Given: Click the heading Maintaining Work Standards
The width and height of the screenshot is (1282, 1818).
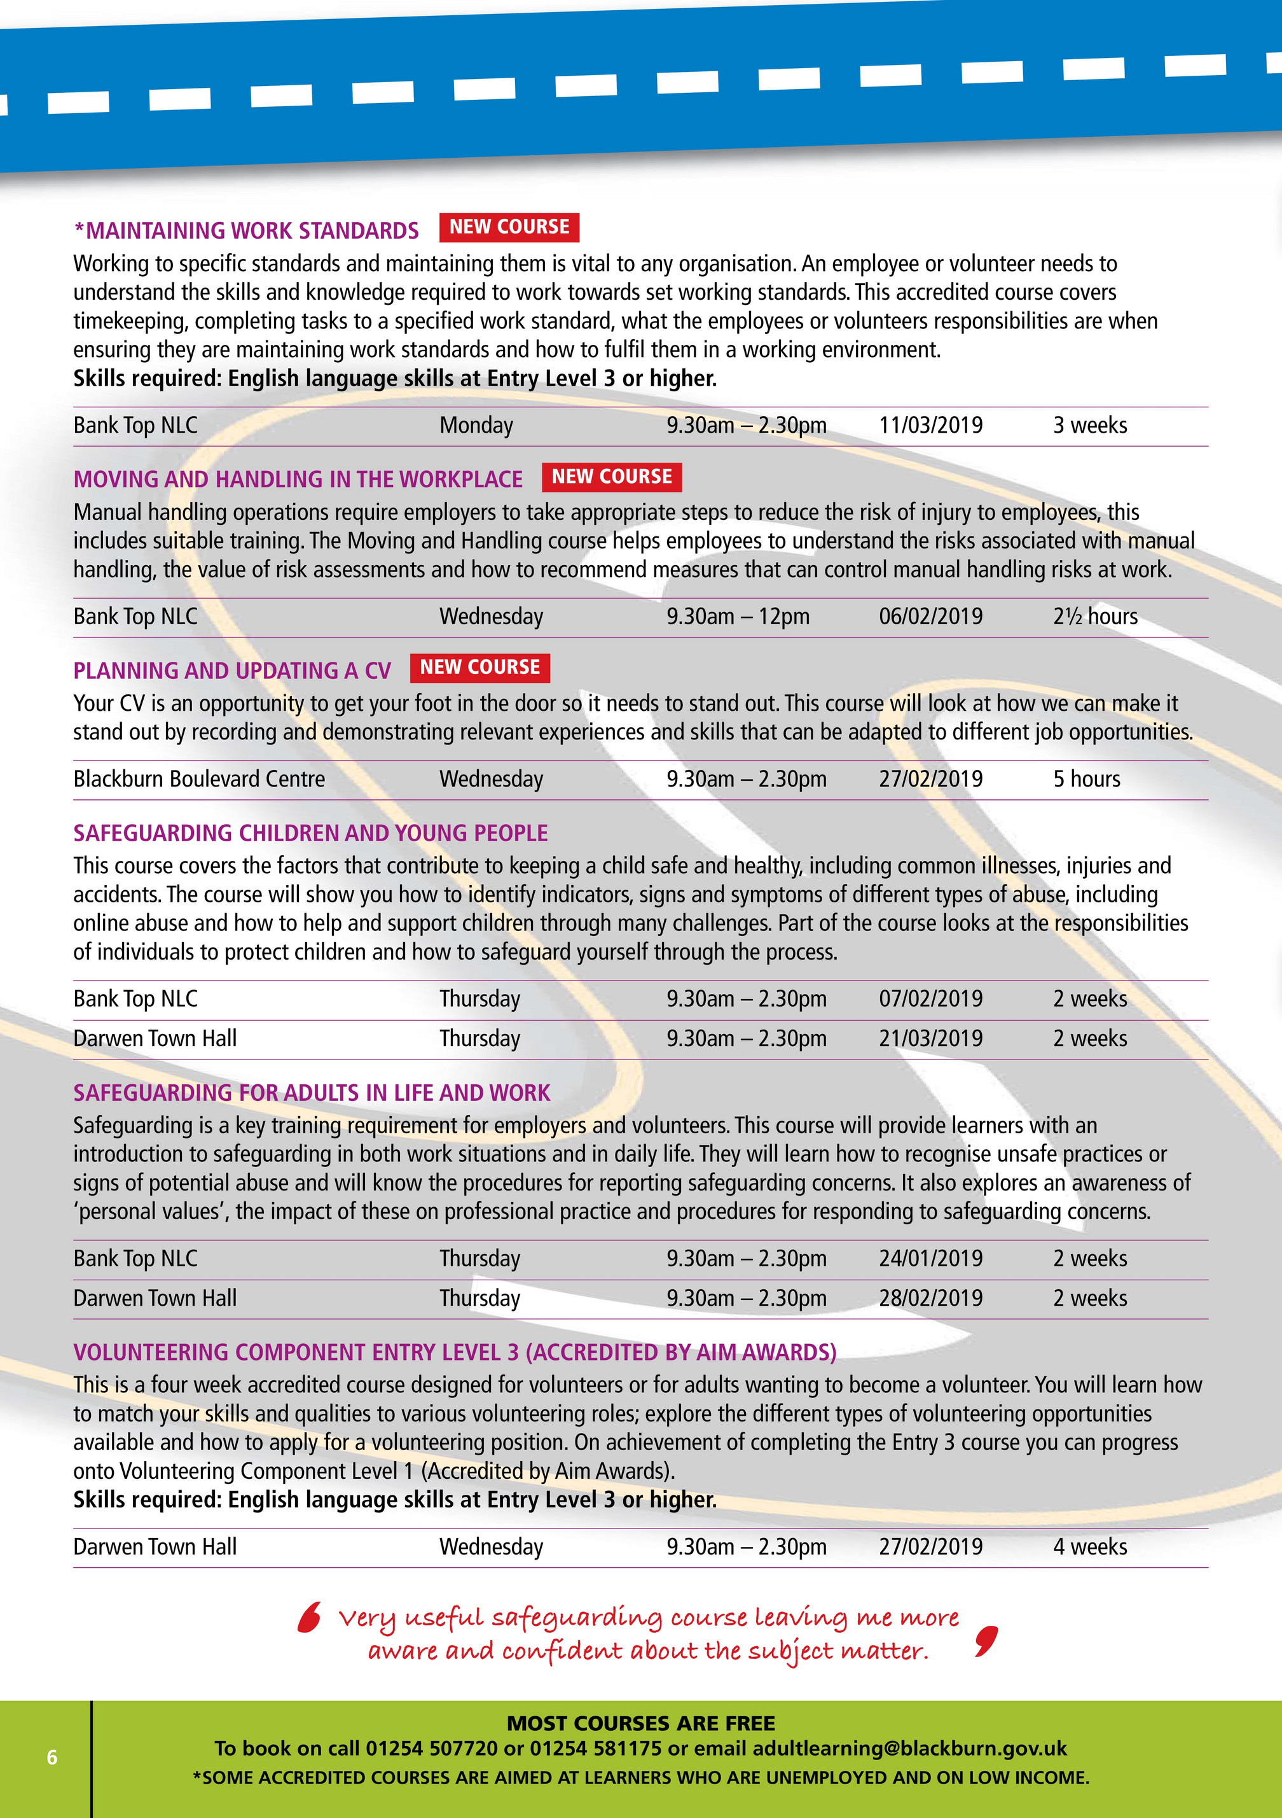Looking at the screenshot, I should tap(246, 230).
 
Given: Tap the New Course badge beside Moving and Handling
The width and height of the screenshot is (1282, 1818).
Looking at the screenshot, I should tap(611, 477).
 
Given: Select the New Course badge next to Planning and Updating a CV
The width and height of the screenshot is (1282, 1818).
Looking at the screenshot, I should tap(479, 668).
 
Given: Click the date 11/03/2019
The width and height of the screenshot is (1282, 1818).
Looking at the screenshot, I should tap(930, 426).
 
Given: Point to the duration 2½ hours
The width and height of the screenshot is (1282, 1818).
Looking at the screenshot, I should tap(1094, 617).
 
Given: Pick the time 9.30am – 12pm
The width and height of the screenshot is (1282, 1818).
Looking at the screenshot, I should tap(738, 617).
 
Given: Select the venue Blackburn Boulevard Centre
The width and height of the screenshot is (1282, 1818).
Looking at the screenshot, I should tap(200, 779).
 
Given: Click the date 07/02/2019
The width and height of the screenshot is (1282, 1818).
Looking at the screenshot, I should tap(930, 999).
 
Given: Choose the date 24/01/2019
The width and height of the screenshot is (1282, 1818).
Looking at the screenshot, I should tap(930, 1259).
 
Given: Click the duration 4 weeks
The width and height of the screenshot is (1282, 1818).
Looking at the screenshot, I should tap(1090, 1547).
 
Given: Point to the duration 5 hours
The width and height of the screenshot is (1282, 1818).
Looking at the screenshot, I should tap(1087, 779).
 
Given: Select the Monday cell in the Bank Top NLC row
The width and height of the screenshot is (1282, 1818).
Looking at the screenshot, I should tap(476, 426).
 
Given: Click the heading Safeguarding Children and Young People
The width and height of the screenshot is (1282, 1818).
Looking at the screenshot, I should tap(310, 833).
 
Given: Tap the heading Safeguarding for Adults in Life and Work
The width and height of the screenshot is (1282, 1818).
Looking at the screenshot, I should tap(311, 1093).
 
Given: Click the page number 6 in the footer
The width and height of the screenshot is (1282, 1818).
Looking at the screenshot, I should tap(52, 1758).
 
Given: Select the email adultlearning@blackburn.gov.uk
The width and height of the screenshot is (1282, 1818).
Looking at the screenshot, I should tap(909, 1748).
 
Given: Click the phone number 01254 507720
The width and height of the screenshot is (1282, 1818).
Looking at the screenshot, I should tap(431, 1748).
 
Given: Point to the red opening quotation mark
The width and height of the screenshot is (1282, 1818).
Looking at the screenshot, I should tap(310, 1617).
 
